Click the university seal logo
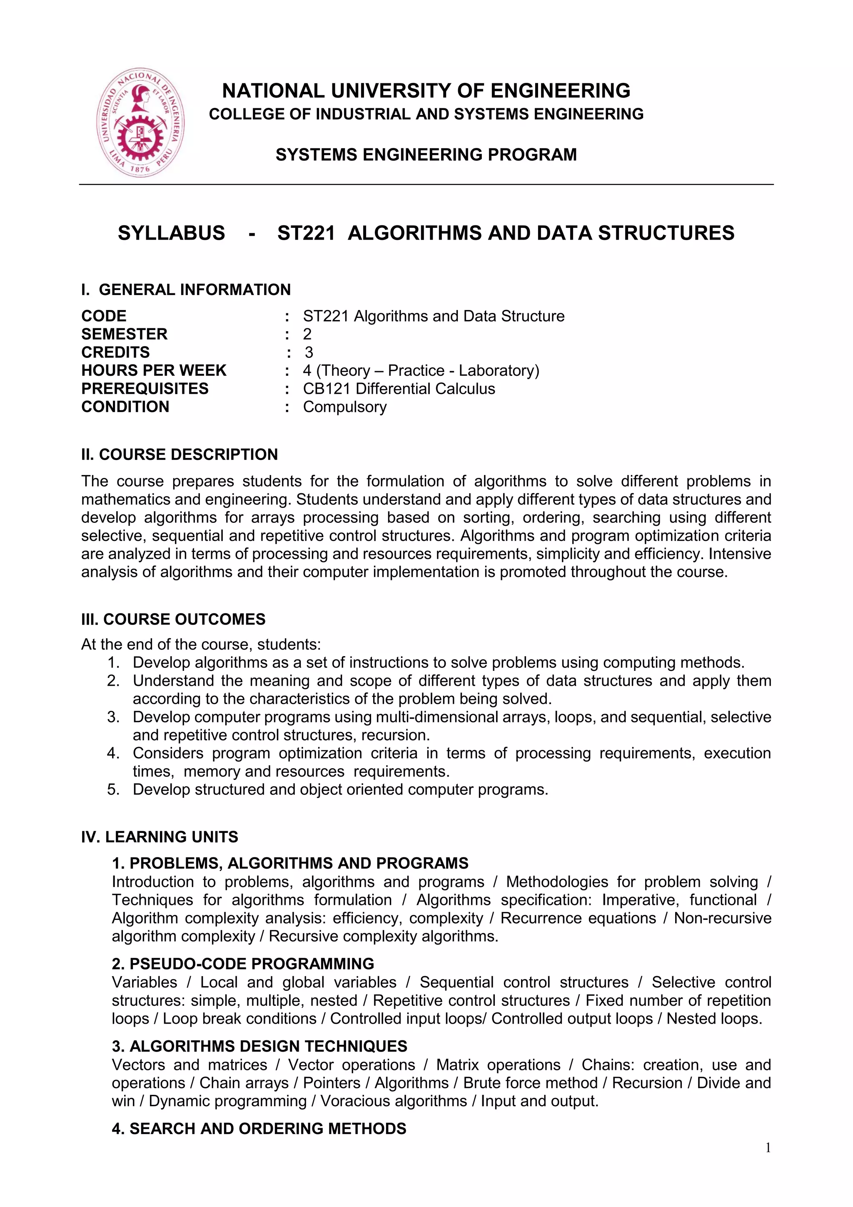pos(141,122)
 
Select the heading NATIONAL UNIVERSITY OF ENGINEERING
pos(426,91)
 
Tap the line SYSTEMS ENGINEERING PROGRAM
pos(426,155)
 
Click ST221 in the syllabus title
pos(306,233)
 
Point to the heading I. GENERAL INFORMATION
pos(185,290)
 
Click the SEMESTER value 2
pos(307,334)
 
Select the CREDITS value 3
pos(309,352)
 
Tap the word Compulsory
pos(344,407)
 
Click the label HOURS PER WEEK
pos(153,371)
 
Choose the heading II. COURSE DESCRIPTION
pos(179,454)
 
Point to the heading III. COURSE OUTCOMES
pos(173,619)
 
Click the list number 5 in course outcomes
pos(113,790)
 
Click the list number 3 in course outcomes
pos(113,717)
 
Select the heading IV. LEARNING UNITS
pos(159,837)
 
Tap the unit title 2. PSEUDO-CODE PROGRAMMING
pos(243,964)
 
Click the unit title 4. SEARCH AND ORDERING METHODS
pos(259,1128)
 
